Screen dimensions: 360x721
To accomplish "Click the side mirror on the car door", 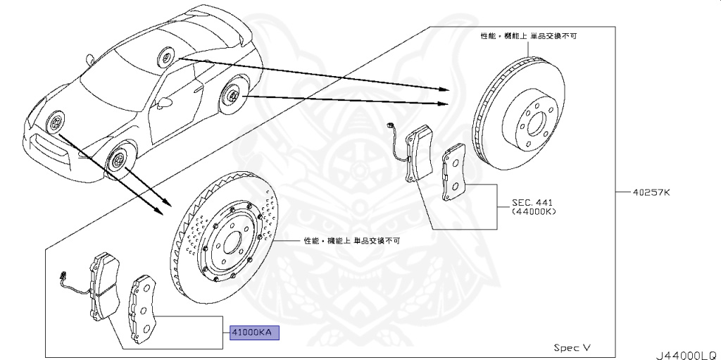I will (167, 104).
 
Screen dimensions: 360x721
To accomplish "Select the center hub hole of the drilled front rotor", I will (230, 241).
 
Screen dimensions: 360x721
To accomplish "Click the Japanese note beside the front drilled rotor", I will (352, 240).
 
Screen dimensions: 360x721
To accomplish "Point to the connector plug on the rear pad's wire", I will (391, 126).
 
